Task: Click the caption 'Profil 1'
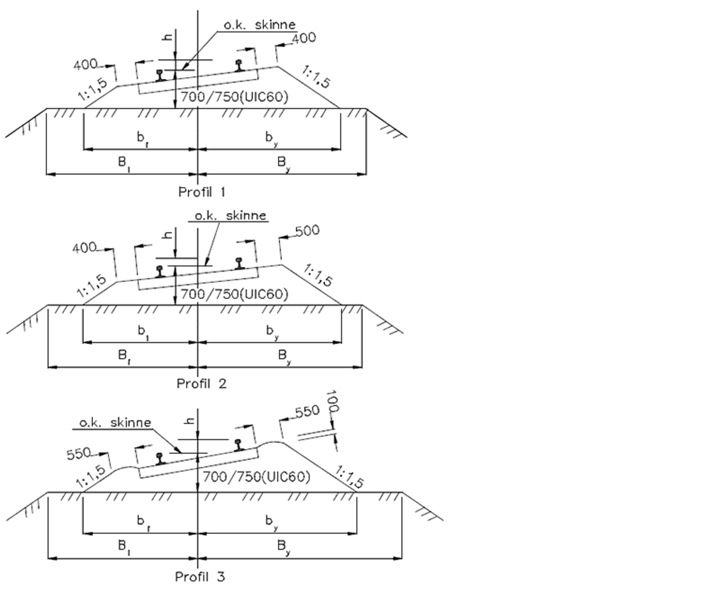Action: (x=202, y=192)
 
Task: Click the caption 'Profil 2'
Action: (x=201, y=384)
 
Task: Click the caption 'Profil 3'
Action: (x=200, y=576)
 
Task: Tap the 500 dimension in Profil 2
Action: (x=307, y=231)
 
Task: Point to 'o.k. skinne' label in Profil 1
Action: (x=260, y=25)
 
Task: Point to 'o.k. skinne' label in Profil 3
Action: (x=115, y=423)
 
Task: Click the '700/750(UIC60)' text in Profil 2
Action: (x=234, y=294)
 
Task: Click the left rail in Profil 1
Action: (x=160, y=75)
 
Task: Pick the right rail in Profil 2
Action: (x=240, y=263)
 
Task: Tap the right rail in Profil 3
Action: (x=238, y=445)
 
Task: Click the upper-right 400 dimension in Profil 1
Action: (x=304, y=38)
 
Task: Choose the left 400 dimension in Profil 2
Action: (x=84, y=247)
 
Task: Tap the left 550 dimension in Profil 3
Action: (x=79, y=454)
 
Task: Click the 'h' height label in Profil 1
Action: (x=167, y=37)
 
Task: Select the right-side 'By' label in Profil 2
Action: (x=283, y=356)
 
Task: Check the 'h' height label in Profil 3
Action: (x=190, y=420)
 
